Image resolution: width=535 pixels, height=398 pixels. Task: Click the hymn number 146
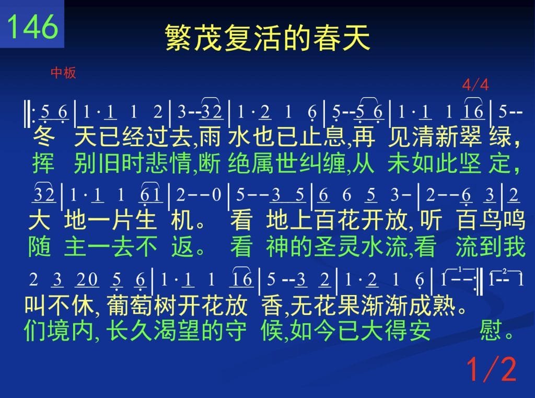click(32, 27)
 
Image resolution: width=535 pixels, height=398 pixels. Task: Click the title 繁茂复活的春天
click(267, 38)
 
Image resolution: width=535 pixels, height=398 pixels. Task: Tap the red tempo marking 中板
click(63, 73)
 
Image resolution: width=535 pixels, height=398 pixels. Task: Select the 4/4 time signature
click(475, 85)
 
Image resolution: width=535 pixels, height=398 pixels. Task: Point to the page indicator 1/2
click(492, 369)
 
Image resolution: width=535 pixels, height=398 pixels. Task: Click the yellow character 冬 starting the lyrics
click(44, 137)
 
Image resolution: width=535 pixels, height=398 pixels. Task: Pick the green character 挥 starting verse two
click(43, 163)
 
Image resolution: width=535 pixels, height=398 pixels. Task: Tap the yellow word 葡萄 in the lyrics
click(130, 305)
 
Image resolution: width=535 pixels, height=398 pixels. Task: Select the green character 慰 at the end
click(491, 330)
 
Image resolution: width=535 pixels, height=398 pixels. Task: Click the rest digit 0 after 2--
click(216, 195)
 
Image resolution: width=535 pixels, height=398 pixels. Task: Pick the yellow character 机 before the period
click(182, 220)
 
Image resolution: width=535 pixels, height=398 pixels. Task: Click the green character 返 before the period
click(182, 247)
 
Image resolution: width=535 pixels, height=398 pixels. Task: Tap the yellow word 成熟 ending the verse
click(432, 305)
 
